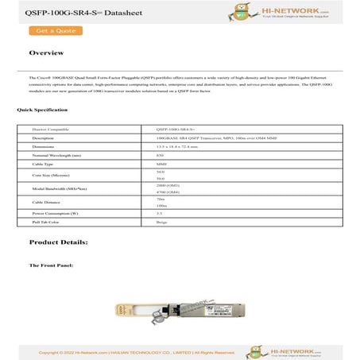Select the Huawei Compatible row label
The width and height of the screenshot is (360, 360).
[x=51, y=128]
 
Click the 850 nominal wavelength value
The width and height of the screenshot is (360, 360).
[x=161, y=155]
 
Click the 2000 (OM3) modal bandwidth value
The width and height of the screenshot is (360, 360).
[x=168, y=184]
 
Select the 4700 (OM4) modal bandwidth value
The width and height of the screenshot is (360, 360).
[x=168, y=192]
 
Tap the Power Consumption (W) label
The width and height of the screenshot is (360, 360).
[x=55, y=214]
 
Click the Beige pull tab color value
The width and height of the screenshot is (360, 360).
[x=162, y=223]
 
